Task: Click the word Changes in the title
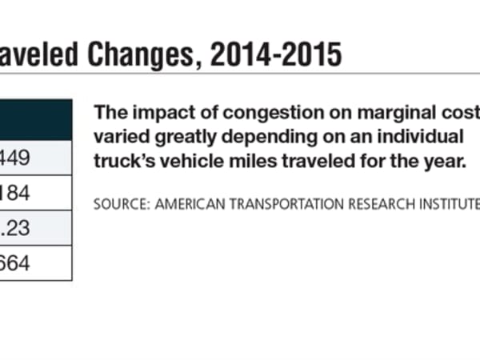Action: pos(145,55)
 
